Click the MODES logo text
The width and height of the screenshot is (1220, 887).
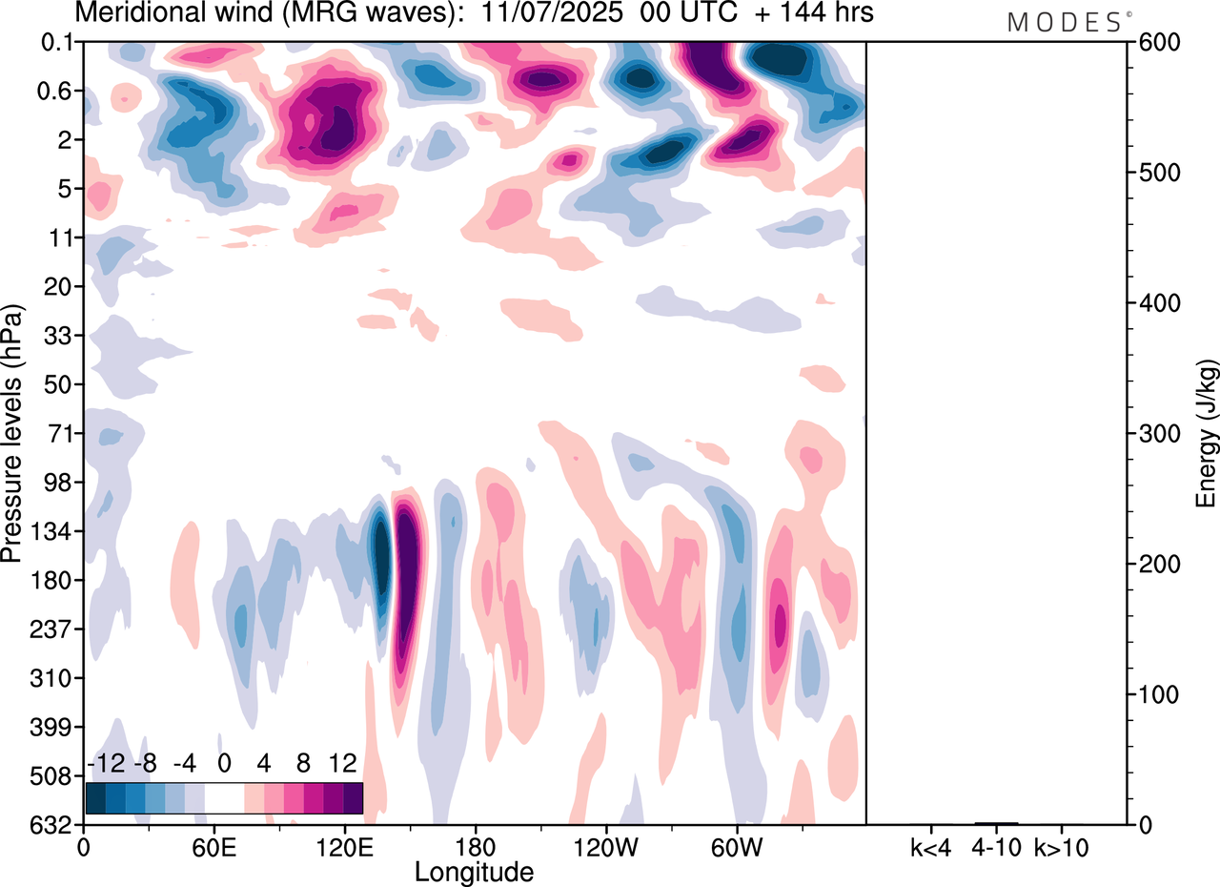(x=1064, y=23)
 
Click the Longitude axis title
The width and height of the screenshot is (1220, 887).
(x=474, y=871)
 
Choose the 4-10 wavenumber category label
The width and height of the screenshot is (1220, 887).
(x=996, y=846)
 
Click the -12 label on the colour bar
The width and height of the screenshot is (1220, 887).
(x=107, y=764)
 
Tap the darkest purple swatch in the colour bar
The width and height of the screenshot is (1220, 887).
(x=354, y=797)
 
